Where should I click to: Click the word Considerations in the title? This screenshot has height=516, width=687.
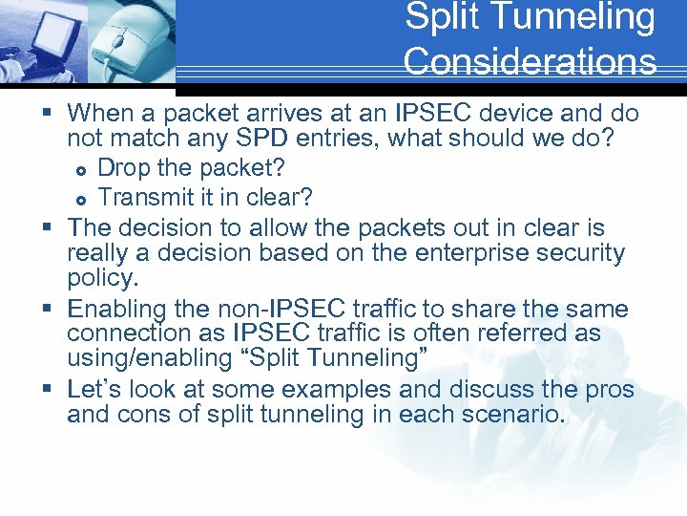[x=530, y=61]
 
